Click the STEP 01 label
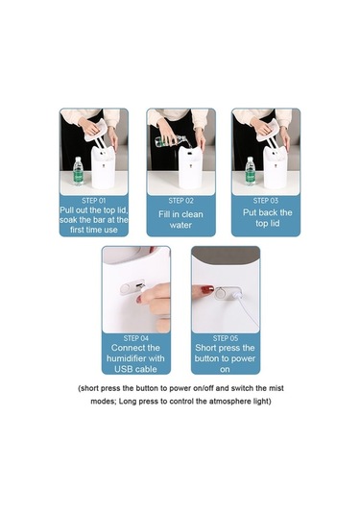point(94,201)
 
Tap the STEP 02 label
point(180,201)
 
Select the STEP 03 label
point(265,201)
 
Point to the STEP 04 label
point(136,338)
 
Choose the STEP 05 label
point(226,338)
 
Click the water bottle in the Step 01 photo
point(78,171)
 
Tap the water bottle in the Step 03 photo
point(250,171)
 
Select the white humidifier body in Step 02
point(190,167)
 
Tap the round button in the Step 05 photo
point(221,291)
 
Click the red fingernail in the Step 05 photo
point(207,290)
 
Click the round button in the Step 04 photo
point(125,289)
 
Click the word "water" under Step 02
point(180,225)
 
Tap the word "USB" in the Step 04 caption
point(122,369)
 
